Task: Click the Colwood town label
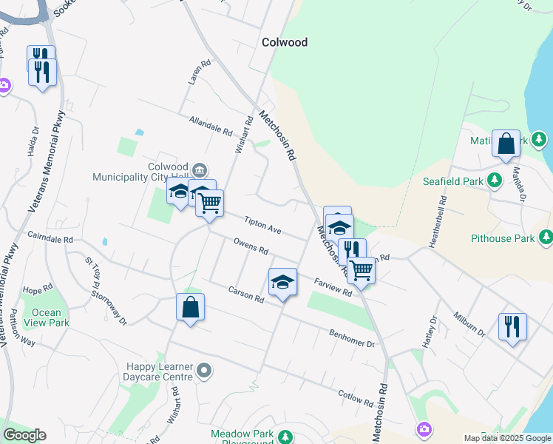[x=285, y=42]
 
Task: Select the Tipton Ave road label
[x=264, y=226]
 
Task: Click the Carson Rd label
[x=246, y=294]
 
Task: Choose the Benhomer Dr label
[x=353, y=338]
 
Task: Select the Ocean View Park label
[x=47, y=317]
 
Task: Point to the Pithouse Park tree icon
[x=546, y=238]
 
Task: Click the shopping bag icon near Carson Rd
[x=190, y=306]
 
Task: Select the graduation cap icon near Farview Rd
[x=282, y=282]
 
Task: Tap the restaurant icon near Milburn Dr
[x=512, y=326]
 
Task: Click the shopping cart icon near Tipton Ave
[x=210, y=201]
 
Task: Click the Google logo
[x=24, y=435]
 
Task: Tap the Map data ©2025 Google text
[x=506, y=438]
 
